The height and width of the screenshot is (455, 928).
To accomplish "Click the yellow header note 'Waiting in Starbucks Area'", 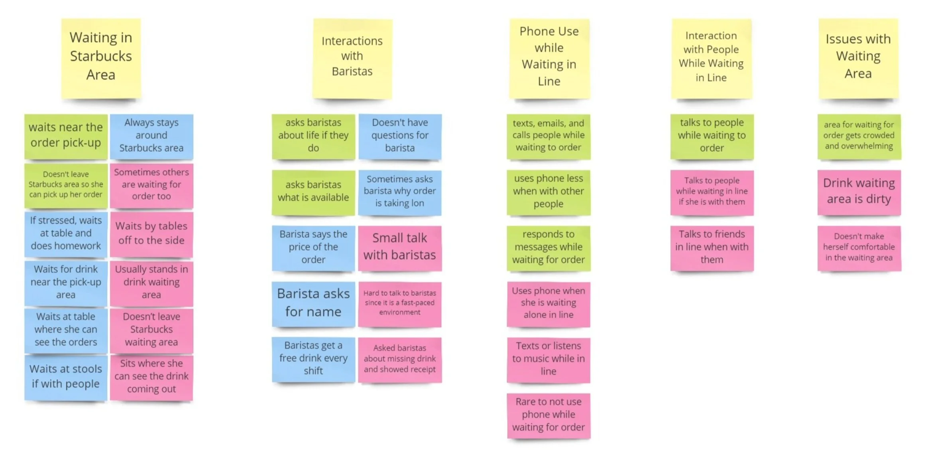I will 101,58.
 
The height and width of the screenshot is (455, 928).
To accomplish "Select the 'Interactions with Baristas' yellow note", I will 352,58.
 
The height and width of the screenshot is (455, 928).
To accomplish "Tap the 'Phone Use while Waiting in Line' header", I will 549,58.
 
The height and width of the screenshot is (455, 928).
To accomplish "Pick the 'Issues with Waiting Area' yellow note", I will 858,58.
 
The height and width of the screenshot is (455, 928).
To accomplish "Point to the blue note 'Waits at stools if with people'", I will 66,377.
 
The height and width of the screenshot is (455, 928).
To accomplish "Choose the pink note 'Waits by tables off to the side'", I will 151,234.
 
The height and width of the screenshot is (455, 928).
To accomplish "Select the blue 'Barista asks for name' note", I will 313,303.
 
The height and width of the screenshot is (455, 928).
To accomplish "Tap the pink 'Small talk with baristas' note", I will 400,247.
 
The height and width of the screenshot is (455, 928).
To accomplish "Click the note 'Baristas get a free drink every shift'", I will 313,358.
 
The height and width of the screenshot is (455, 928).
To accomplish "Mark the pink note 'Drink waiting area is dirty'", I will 859,192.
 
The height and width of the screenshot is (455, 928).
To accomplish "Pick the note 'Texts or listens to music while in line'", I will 549,359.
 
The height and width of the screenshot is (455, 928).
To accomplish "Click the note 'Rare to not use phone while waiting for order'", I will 549,415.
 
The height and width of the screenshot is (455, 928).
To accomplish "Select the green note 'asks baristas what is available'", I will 313,192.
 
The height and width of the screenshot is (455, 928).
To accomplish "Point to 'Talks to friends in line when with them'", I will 712,247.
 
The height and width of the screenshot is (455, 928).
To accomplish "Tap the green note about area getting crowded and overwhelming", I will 859,136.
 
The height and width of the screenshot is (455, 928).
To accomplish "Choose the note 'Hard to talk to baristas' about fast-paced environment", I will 400,303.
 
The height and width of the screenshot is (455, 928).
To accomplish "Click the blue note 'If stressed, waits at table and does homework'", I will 66,234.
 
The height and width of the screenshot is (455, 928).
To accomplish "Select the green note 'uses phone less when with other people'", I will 549,192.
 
